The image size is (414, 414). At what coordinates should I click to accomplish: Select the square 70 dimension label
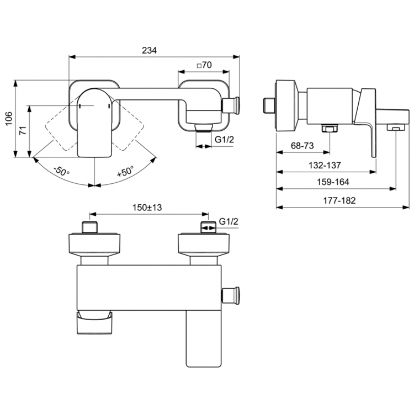point(204,65)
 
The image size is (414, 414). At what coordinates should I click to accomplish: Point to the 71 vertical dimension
point(23,130)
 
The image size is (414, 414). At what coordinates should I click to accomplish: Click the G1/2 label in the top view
point(224,140)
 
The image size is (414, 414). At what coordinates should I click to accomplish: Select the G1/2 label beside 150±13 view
point(229,221)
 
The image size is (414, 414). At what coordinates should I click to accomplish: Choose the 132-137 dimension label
point(326,164)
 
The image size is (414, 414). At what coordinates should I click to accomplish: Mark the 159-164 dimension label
point(335,182)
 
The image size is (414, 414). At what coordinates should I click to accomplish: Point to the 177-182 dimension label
point(340,200)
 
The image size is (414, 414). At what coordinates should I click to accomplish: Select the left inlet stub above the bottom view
point(91,227)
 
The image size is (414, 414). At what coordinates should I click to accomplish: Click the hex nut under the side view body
point(329,130)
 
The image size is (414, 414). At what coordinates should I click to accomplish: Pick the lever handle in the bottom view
point(203,337)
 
